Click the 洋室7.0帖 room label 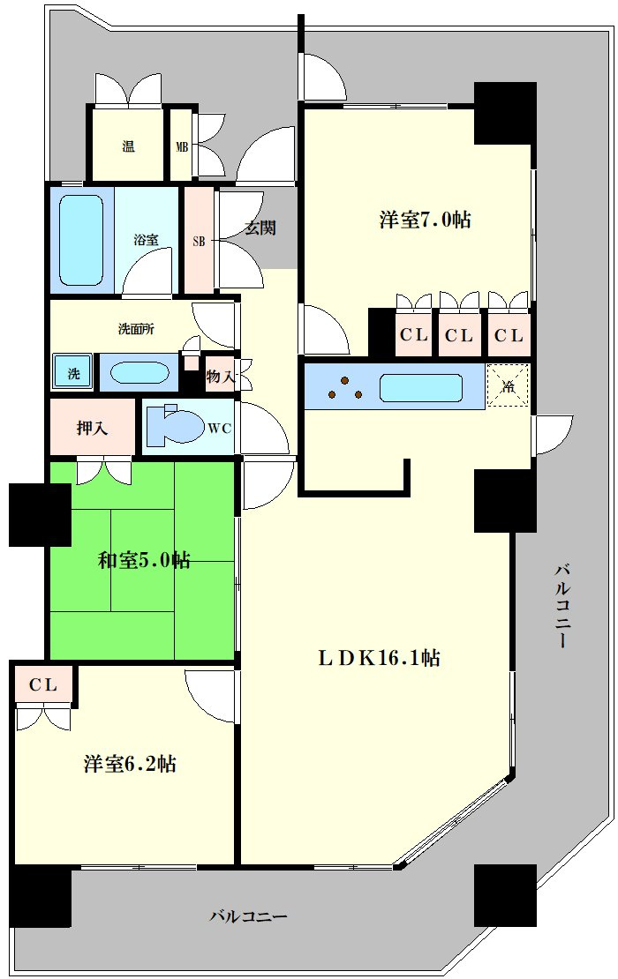425,220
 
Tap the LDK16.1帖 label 380,657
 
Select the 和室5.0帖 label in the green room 144,560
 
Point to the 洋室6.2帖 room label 130,763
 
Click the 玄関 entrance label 260,228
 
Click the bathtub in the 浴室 82,241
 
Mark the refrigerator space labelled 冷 508,385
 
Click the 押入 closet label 93,429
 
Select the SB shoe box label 199,241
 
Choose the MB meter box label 182,147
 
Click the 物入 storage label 221,377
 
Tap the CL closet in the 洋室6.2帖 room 43,685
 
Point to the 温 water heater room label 128,146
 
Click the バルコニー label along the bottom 248,916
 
